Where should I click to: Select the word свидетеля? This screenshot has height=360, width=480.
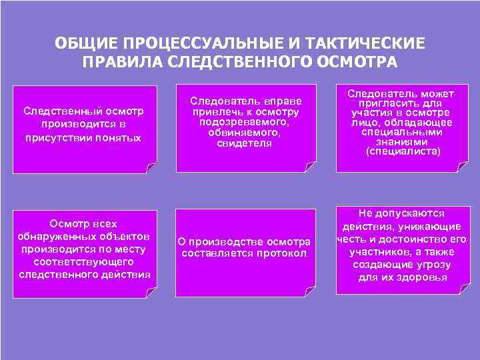[245, 144]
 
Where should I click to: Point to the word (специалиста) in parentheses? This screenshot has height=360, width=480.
[403, 151]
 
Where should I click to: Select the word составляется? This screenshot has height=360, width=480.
[217, 253]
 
